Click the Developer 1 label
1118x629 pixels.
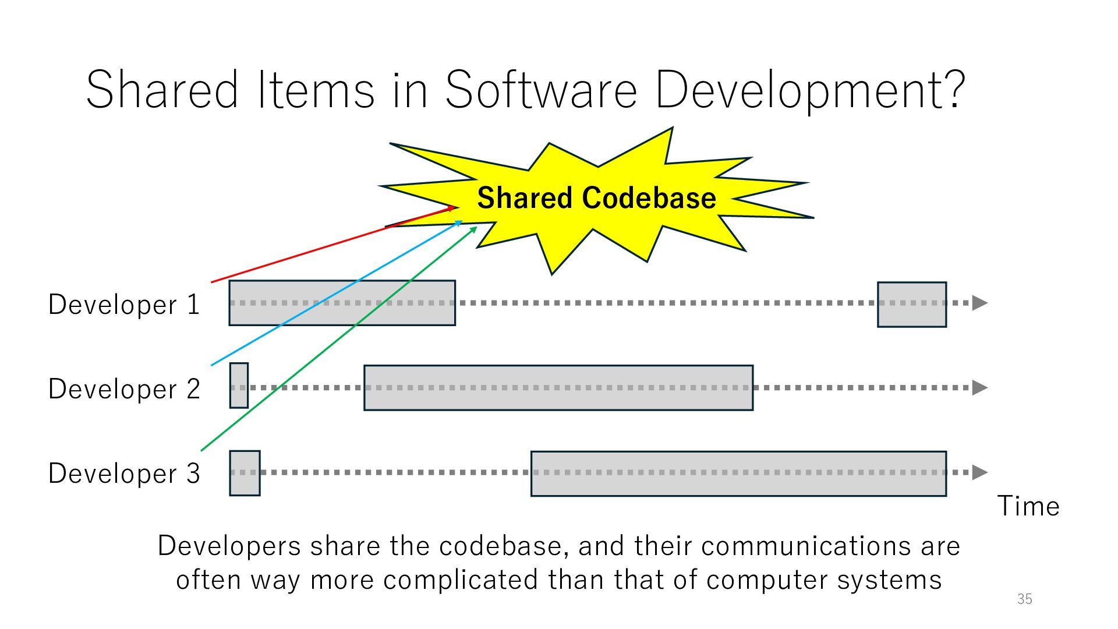point(124,304)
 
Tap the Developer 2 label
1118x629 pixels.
point(124,388)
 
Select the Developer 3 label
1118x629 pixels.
point(124,473)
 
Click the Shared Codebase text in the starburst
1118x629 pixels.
point(596,198)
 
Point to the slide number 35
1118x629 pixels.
point(1025,599)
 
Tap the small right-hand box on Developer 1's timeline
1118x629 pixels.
point(912,305)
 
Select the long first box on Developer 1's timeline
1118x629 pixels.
point(342,303)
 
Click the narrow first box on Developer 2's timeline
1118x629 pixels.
point(239,386)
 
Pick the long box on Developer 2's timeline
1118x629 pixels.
point(558,388)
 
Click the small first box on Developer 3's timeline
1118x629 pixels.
point(245,473)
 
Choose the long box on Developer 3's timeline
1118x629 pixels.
point(738,473)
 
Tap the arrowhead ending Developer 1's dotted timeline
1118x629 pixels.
point(980,303)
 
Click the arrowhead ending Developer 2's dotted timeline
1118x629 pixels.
point(980,387)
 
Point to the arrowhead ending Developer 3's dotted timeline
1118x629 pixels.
point(980,472)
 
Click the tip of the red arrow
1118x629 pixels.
point(454,207)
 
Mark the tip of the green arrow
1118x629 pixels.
point(476,227)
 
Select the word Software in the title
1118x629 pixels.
point(540,90)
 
